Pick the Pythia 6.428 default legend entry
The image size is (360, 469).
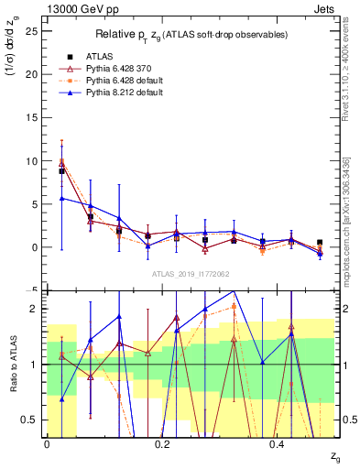(x=118, y=81)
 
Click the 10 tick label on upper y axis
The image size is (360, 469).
(x=30, y=161)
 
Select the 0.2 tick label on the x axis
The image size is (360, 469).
(x=161, y=444)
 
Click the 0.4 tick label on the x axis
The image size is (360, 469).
(x=277, y=444)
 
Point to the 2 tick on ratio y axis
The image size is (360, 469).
(x=35, y=309)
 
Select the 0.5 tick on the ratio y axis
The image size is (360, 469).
(x=30, y=420)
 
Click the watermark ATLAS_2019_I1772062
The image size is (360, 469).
(x=190, y=274)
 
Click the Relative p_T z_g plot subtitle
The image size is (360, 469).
(x=189, y=34)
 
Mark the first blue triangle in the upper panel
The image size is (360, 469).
(x=61, y=198)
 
